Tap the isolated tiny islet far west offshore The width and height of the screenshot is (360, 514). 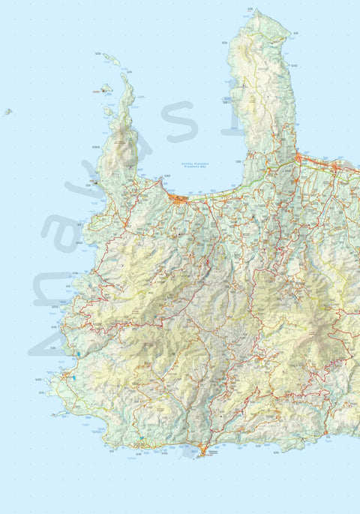(x=7, y=112)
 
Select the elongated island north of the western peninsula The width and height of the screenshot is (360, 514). (x=112, y=59)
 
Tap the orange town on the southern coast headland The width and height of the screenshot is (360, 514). (x=202, y=451)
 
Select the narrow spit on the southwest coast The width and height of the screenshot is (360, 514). (x=58, y=413)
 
